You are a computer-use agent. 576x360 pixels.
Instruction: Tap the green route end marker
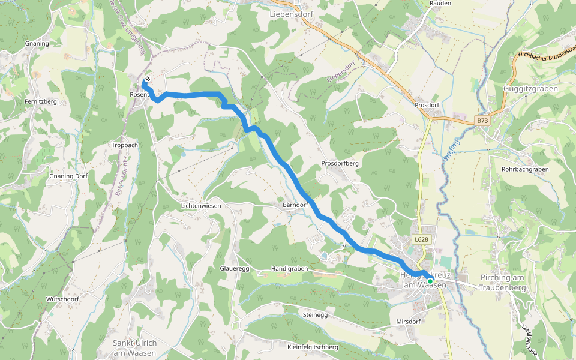click(x=430, y=280)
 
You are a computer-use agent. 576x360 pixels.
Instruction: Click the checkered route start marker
click(x=147, y=79)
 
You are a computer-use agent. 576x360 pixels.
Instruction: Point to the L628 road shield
click(x=421, y=239)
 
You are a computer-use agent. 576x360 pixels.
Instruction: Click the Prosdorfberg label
click(x=340, y=163)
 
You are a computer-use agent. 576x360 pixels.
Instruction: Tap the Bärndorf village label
click(x=295, y=205)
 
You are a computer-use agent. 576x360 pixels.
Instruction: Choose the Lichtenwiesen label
click(x=201, y=206)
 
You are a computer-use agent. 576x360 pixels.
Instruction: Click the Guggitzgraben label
click(x=531, y=89)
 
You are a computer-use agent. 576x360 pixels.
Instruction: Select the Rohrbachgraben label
click(x=525, y=169)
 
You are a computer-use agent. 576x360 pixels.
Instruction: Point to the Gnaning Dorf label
click(x=68, y=176)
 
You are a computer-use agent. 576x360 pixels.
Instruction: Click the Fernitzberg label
click(x=41, y=102)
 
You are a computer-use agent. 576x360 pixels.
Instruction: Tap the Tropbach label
click(x=125, y=145)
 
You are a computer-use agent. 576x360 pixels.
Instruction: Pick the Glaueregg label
click(x=235, y=268)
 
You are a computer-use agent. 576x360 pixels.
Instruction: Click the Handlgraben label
click(x=289, y=269)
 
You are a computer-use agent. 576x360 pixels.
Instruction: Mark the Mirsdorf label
click(x=409, y=322)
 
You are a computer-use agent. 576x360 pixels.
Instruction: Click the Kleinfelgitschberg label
click(x=313, y=347)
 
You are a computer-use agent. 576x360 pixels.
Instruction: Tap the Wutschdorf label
click(x=62, y=299)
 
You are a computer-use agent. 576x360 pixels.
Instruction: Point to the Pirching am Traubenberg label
click(x=502, y=283)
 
